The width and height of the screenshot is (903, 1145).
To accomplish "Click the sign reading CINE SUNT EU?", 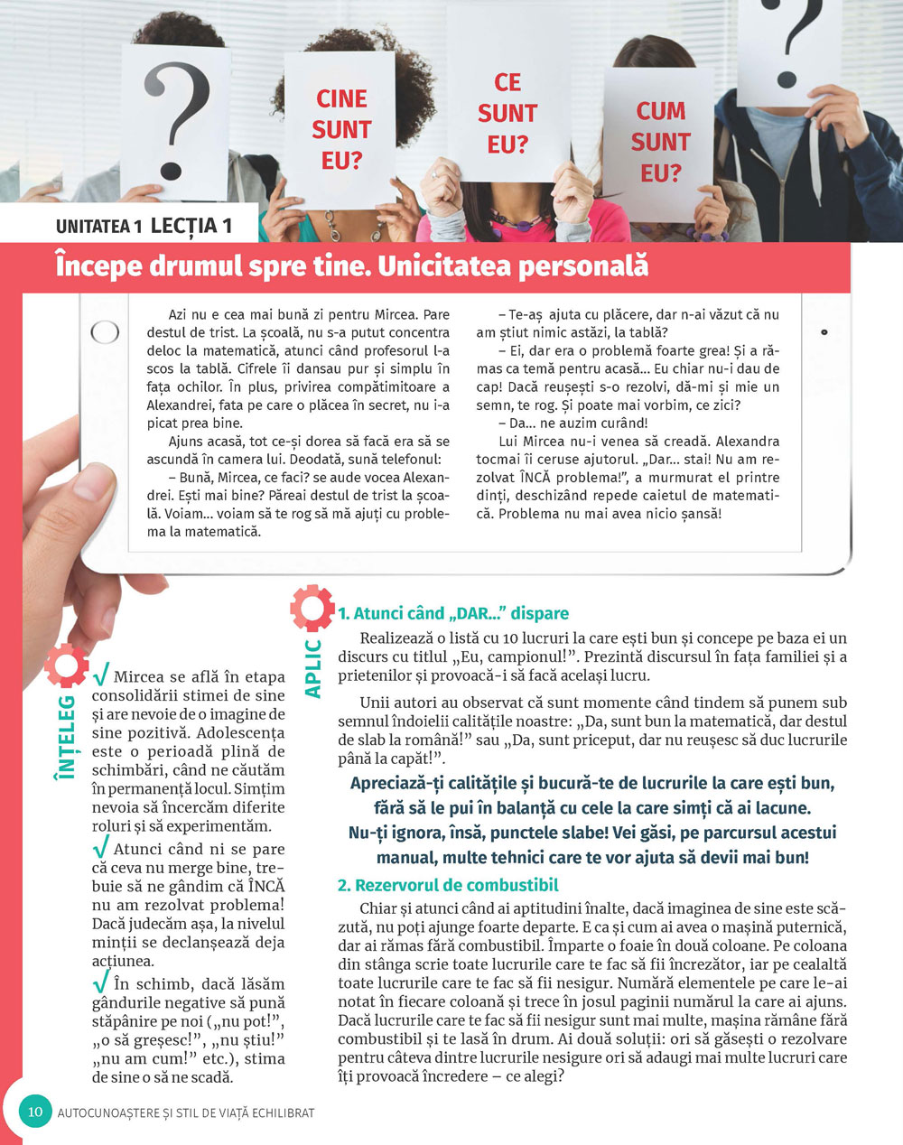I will pyautogui.click(x=341, y=129).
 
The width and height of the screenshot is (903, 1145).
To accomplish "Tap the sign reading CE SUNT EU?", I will pyautogui.click(x=507, y=114).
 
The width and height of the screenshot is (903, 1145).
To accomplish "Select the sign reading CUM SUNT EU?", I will pyautogui.click(x=660, y=142).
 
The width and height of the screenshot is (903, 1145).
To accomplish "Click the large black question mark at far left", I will pyautogui.click(x=176, y=117).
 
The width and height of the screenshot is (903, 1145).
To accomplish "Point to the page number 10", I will pyautogui.click(x=35, y=1111).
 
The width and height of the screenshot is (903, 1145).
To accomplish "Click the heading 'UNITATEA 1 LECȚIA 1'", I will pyautogui.click(x=144, y=226).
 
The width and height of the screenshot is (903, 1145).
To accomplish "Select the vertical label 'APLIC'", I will pyautogui.click(x=313, y=668).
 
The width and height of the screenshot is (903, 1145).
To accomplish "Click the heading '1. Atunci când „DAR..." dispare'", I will pyautogui.click(x=453, y=613).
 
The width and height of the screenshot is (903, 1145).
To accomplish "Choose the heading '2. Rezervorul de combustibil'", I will pyautogui.click(x=448, y=885).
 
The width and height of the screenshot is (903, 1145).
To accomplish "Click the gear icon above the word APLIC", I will pyautogui.click(x=312, y=608).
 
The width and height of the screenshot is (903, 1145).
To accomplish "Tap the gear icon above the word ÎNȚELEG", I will pyautogui.click(x=66, y=666).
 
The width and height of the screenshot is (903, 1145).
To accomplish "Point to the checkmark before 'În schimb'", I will pyautogui.click(x=101, y=982).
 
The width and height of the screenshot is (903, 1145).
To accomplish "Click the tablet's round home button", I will pyautogui.click(x=105, y=332).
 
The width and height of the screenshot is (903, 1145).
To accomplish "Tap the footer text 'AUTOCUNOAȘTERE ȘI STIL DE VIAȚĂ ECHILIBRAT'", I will pyautogui.click(x=186, y=1112).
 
